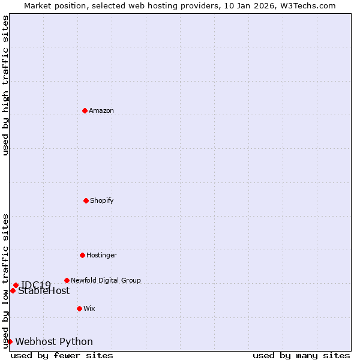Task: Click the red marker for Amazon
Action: click(85, 110)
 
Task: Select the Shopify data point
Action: click(86, 200)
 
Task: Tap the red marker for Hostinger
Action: click(82, 255)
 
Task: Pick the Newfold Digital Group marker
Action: click(67, 280)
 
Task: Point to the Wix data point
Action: click(79, 308)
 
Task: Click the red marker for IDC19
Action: click(16, 285)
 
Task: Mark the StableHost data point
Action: click(13, 290)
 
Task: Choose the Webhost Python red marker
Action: click(10, 341)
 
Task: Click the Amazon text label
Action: click(101, 110)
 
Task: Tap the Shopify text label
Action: click(102, 200)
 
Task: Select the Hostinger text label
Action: click(101, 255)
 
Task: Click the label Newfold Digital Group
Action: click(106, 280)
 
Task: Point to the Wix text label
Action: click(89, 308)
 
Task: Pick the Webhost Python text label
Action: click(54, 342)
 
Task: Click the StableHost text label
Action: click(44, 291)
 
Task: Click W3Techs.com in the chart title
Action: click(311, 5)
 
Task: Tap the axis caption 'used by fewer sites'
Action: click(62, 355)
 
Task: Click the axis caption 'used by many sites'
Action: click(301, 355)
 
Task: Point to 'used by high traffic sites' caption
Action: click(5, 85)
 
